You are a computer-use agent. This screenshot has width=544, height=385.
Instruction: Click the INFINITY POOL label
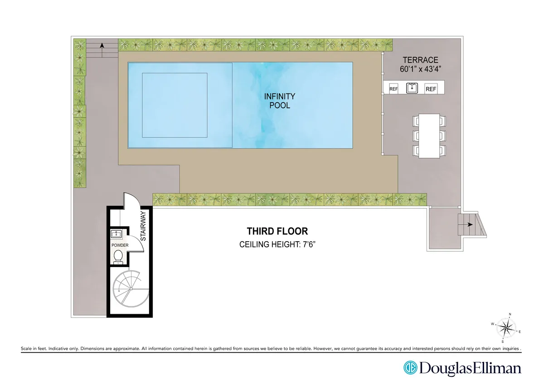[x=280, y=101]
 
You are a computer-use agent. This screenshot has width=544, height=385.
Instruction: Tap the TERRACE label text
[x=421, y=60]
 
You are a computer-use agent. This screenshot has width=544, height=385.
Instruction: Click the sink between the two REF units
[x=412, y=88]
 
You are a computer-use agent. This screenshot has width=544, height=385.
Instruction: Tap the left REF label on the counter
[x=393, y=89]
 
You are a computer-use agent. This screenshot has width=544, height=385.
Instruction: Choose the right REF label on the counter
[x=431, y=89]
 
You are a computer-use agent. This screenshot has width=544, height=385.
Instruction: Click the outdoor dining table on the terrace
[x=429, y=136]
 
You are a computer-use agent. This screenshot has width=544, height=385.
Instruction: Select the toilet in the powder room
[x=118, y=256]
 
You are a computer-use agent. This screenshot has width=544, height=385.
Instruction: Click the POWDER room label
[x=120, y=245]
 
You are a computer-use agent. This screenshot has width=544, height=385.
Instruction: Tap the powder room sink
[x=117, y=234]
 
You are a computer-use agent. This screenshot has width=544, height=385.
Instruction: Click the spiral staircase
[x=131, y=288]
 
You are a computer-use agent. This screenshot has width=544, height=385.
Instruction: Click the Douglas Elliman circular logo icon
[x=410, y=367]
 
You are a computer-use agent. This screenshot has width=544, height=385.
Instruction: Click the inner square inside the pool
[x=175, y=105]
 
